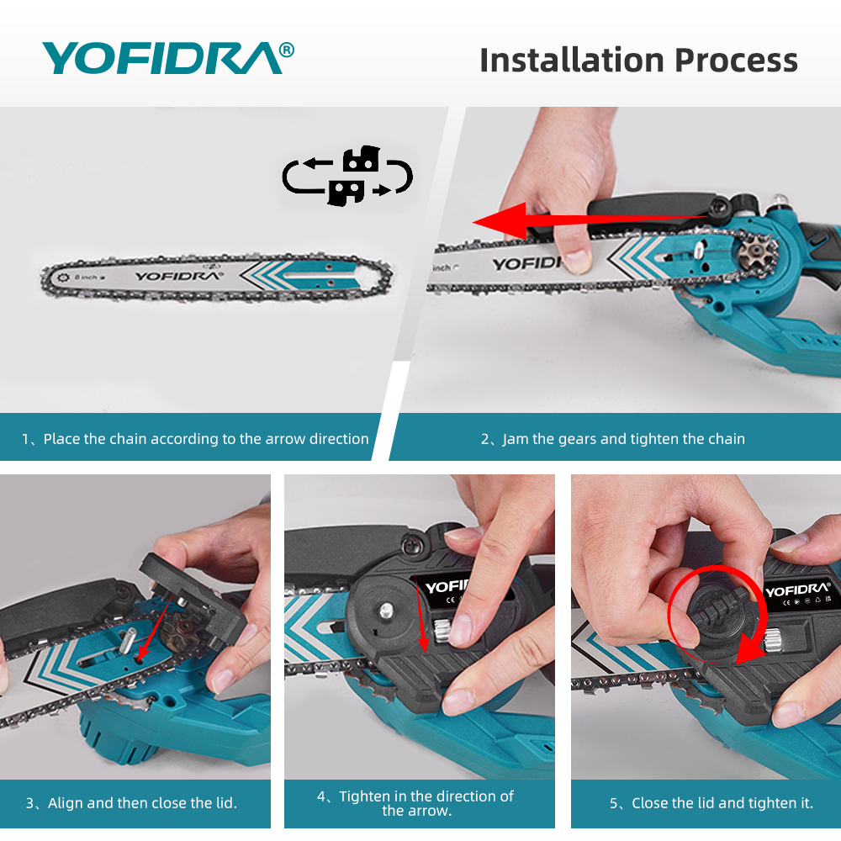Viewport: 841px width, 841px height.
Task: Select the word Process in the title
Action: coord(737,60)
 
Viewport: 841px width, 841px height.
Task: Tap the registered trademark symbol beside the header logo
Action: coord(287,50)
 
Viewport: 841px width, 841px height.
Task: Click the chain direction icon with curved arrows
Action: coord(347,176)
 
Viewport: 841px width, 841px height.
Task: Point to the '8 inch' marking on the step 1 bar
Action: coord(86,278)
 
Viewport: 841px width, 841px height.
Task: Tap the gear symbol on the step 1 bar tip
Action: coord(63,278)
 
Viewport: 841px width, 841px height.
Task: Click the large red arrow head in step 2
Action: coord(501,220)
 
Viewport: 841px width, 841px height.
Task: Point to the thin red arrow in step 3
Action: coord(155,627)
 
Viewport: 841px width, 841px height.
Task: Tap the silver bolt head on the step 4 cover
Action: coord(386,610)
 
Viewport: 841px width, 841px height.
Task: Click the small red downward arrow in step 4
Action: coord(421,616)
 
